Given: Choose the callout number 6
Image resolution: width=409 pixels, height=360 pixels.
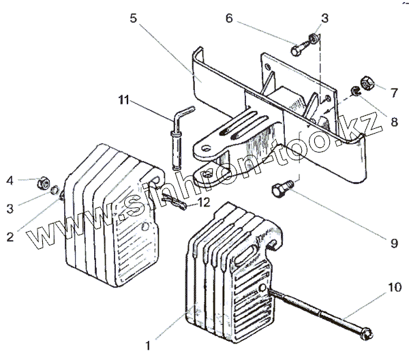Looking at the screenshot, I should (x=229, y=18).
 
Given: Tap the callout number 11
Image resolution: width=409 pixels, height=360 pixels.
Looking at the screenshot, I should (x=122, y=101).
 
